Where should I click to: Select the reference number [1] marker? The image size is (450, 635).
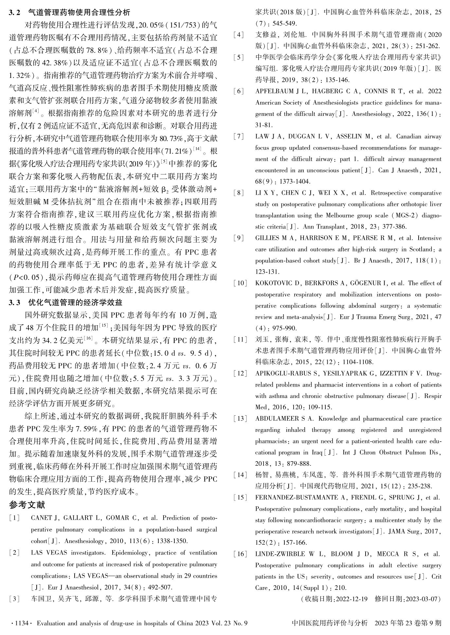click(14, 518)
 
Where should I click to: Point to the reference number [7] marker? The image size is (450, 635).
click(239, 136)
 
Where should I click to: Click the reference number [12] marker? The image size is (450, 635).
click(240, 373)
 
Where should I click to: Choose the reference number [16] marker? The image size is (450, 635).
click(240, 554)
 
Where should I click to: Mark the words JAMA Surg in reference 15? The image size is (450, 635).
click(402, 532)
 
